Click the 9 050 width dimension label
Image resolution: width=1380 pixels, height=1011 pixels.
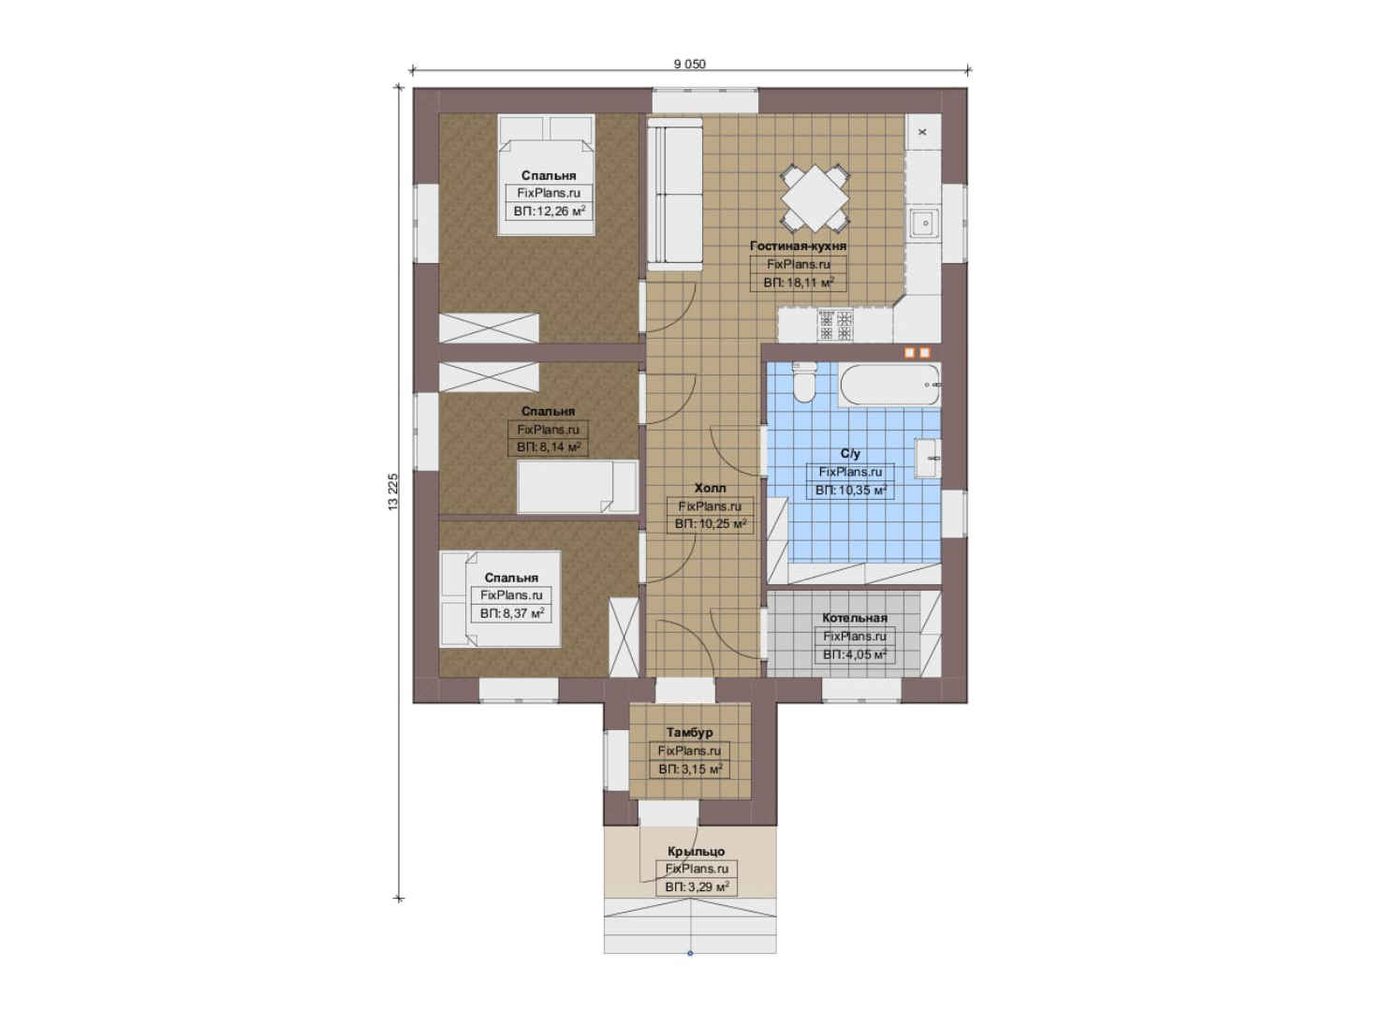pos(689,64)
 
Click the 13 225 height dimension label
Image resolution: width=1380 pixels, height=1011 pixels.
pos(393,491)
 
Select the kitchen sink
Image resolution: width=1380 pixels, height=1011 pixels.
pos(925,223)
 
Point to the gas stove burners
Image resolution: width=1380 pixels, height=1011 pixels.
pos(835,325)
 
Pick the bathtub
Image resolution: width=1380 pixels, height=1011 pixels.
pos(889,385)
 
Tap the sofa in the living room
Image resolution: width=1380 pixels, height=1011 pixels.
pos(675,194)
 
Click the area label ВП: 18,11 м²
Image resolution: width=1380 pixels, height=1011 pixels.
pos(799,282)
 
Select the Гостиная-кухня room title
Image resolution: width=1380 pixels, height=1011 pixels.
pos(798,246)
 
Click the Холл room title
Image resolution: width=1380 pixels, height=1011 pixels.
pos(711,488)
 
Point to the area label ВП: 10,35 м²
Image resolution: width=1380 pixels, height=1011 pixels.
pos(851,491)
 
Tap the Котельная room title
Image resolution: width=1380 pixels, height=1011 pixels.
pos(855,618)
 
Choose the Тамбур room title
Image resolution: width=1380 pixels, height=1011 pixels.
pos(689,733)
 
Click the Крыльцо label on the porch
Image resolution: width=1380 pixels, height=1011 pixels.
pos(697,852)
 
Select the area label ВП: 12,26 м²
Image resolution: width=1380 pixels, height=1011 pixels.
pos(549,212)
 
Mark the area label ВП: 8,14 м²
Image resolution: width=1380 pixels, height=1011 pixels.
pos(549,447)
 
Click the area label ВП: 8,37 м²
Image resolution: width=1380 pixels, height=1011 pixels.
pos(511,614)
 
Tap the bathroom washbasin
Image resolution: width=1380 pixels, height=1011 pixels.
pos(927,459)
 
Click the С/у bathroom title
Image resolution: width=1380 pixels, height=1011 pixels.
pos(850,453)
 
